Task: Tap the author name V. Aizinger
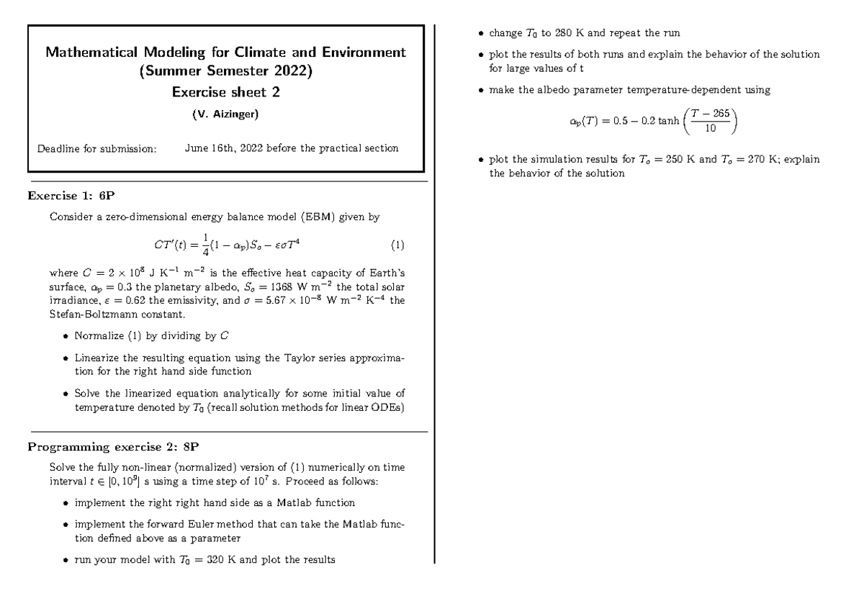(x=225, y=114)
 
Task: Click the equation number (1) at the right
(x=397, y=245)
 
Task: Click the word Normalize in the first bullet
(x=99, y=336)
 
